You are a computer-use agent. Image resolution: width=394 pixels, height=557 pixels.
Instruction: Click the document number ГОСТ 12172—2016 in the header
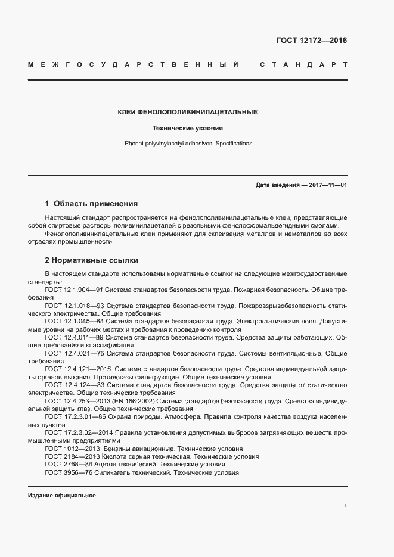pyautogui.click(x=311, y=41)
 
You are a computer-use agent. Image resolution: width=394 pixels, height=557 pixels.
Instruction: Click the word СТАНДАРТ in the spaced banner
pyautogui.click(x=303, y=64)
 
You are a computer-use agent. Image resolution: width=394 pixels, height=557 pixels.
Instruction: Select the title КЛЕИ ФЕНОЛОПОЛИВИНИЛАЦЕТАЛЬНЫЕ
pyautogui.click(x=188, y=112)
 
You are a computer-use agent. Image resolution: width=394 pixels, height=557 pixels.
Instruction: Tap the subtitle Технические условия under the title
pyautogui.click(x=188, y=128)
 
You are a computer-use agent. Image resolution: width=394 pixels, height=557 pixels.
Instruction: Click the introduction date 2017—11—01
pyautogui.click(x=324, y=185)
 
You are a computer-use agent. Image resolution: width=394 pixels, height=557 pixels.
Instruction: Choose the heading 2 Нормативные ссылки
pyautogui.click(x=91, y=260)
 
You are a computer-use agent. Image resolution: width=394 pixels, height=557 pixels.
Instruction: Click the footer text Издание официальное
pyautogui.click(x=62, y=496)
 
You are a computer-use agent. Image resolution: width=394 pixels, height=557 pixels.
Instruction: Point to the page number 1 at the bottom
pyautogui.click(x=345, y=506)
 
